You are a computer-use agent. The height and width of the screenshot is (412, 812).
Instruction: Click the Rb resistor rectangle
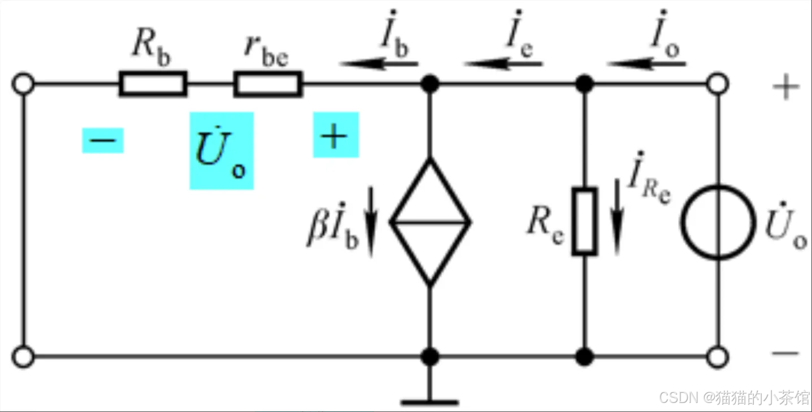[153, 84]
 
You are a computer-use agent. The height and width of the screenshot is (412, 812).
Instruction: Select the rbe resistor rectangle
[268, 84]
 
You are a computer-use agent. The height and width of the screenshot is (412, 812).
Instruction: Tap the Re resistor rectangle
[584, 221]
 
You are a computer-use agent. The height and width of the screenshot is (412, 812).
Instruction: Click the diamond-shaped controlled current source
[430, 222]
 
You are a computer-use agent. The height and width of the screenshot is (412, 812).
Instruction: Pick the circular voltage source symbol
[718, 222]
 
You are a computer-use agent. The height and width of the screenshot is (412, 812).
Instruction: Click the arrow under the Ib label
[379, 64]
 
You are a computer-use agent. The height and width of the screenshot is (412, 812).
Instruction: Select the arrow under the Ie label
[503, 64]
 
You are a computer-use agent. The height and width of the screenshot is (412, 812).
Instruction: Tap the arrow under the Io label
[647, 64]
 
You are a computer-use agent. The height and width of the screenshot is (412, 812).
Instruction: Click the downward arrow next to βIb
[371, 222]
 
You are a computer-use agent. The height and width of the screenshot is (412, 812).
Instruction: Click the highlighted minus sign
[103, 141]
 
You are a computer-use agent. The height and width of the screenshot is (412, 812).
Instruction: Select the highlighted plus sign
[336, 135]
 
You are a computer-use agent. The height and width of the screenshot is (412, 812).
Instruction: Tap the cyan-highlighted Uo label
[221, 151]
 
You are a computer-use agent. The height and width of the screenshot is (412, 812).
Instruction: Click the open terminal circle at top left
[23, 84]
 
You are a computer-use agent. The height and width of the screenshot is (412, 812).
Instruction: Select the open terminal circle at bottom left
[23, 357]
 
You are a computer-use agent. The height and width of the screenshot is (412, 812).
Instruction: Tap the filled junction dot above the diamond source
[430, 84]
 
